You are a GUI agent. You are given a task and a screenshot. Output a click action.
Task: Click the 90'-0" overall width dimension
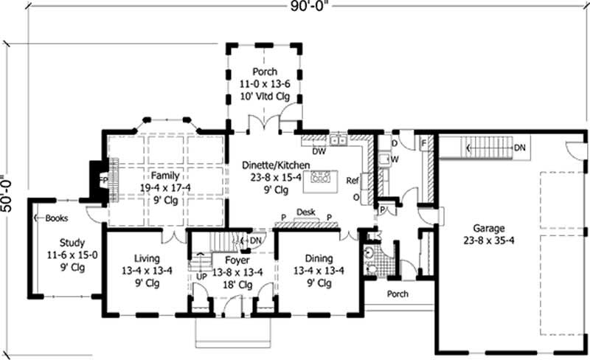point(309,7)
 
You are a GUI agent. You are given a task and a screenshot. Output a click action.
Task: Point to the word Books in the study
point(57,218)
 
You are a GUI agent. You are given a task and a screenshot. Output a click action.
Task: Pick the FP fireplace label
point(103,181)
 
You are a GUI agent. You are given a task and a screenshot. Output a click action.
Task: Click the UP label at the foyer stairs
point(201,277)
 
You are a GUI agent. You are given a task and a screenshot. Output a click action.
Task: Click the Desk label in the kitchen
point(306,212)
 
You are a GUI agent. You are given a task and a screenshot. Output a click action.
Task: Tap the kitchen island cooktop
point(320,176)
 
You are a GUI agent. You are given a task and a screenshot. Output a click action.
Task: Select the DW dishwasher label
point(319,151)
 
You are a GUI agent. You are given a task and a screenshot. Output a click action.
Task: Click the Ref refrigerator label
point(353,181)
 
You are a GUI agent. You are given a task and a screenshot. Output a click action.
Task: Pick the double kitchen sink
point(339,139)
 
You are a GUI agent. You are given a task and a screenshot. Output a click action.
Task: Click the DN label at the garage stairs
point(520,148)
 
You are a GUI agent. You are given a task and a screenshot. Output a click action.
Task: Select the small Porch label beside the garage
point(398,294)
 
